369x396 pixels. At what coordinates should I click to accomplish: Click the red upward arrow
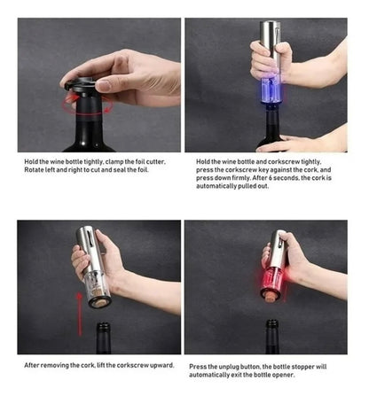[79, 314]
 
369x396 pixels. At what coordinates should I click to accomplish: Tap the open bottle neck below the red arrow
[104, 338]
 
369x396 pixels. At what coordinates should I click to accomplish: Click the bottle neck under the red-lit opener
[272, 337]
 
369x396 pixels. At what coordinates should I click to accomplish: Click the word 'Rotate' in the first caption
[34, 170]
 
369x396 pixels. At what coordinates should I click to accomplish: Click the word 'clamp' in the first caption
[114, 162]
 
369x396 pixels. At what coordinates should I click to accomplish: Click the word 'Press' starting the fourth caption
[197, 367]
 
